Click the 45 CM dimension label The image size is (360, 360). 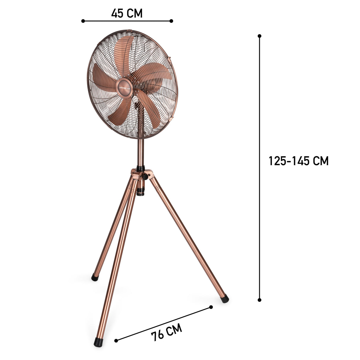click(x=127, y=13)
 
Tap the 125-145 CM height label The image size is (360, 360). click(x=298, y=161)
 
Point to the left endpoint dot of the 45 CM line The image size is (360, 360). click(x=83, y=21)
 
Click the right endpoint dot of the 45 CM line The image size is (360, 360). click(x=171, y=21)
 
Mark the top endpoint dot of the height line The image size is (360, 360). click(x=259, y=36)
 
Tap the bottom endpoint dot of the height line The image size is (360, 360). click(x=259, y=300)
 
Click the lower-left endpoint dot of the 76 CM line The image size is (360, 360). click(x=116, y=341)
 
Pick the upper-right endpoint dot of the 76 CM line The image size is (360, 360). click(x=211, y=307)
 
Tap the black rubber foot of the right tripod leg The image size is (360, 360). click(x=225, y=298)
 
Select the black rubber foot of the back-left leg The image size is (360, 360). click(x=95, y=278)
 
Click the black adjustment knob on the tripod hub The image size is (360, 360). click(x=145, y=177)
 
